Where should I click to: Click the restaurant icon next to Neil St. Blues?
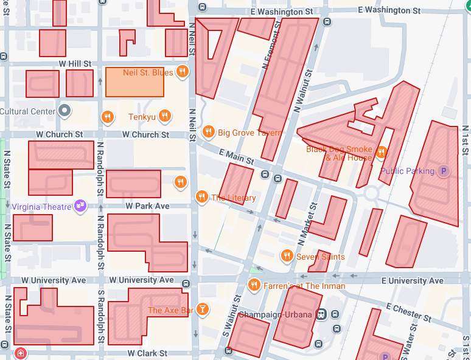(x=183, y=72)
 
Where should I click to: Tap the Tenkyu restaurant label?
(x=142, y=116)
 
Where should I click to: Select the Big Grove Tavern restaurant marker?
(x=208, y=132)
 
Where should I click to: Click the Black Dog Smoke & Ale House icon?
(x=382, y=152)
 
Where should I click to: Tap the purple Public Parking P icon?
(x=444, y=171)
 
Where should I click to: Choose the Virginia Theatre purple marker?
(x=80, y=207)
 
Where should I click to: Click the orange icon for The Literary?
(x=201, y=197)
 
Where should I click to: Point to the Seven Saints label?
(x=320, y=257)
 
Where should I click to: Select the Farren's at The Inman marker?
(x=254, y=285)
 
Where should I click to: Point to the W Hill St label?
(x=75, y=63)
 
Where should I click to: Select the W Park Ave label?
(x=147, y=206)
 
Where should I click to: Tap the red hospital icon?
(x=21, y=353)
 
